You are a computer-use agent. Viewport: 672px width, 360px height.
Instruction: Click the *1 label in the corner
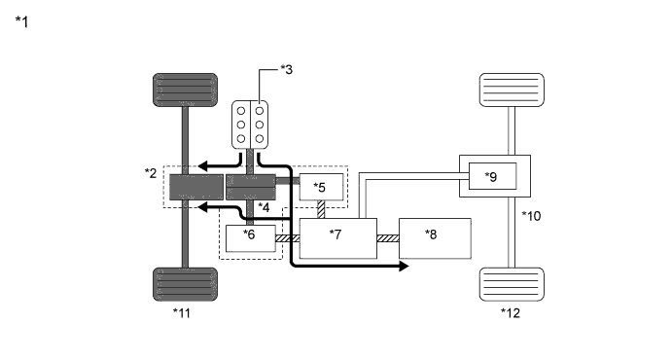click(21, 21)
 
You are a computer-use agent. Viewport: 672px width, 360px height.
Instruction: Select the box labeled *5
click(321, 187)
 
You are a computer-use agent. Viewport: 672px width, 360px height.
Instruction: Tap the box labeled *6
click(251, 238)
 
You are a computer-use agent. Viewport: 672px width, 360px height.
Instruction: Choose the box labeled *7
click(338, 238)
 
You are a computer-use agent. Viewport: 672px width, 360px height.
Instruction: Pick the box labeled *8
click(435, 238)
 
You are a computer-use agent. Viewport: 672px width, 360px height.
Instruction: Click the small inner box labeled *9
click(492, 176)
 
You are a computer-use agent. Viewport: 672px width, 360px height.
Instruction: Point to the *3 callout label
click(287, 69)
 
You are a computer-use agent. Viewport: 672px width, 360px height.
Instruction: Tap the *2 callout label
click(151, 173)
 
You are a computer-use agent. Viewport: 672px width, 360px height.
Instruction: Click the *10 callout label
click(531, 216)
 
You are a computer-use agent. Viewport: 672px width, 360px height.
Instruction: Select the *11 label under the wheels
click(182, 313)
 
